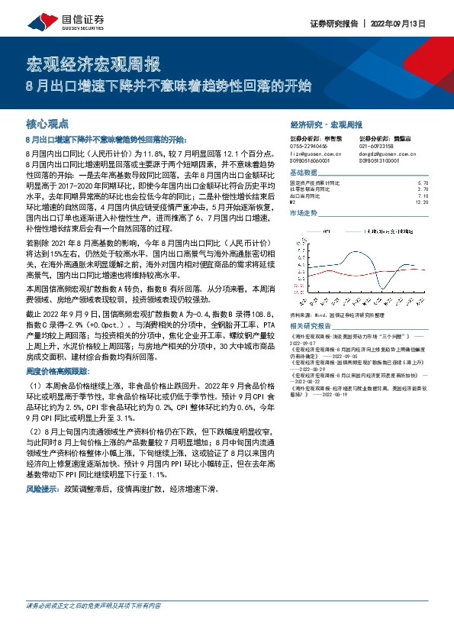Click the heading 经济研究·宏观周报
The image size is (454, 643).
coord(326,123)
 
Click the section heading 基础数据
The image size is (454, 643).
coord(306,173)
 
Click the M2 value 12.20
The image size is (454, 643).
coord(422,202)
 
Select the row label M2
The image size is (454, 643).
coord(294,202)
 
